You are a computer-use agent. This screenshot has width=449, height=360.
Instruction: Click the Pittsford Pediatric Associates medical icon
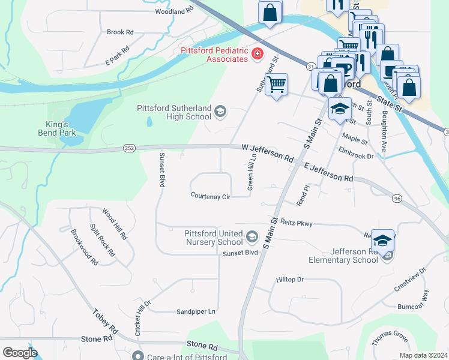(258, 55)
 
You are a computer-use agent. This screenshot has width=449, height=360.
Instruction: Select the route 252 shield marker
(129, 147)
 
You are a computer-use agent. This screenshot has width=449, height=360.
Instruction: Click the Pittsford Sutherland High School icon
(220, 111)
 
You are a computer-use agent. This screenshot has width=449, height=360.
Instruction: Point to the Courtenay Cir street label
(211, 196)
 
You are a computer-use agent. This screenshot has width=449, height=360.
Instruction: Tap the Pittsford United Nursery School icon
(252, 238)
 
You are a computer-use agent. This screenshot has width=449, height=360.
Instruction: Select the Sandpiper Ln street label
(196, 311)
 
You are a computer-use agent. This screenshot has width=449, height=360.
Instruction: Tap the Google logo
(20, 352)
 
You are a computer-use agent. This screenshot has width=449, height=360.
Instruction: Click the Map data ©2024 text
(423, 355)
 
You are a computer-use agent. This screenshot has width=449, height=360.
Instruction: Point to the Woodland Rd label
(174, 11)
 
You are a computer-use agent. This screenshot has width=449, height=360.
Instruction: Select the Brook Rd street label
(120, 32)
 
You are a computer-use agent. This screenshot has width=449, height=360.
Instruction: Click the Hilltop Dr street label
(291, 280)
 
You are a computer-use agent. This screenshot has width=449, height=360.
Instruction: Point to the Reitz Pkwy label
(297, 223)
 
